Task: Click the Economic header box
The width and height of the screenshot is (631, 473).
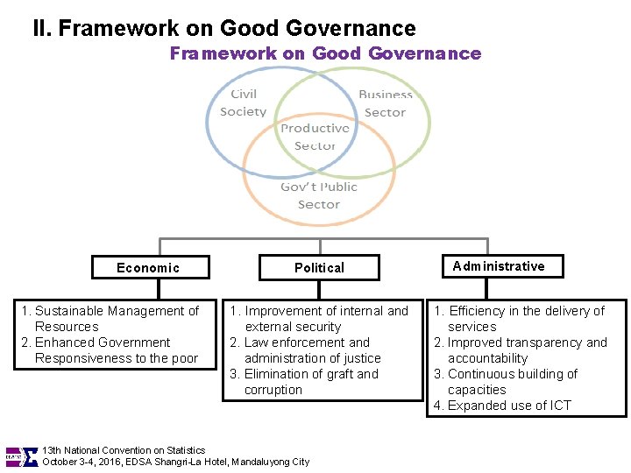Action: tap(148, 268)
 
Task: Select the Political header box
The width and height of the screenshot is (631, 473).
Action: tap(319, 268)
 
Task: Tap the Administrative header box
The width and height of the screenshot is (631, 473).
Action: tap(499, 266)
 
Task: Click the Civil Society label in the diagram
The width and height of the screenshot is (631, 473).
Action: tap(243, 103)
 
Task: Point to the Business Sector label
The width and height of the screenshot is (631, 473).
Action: tap(385, 103)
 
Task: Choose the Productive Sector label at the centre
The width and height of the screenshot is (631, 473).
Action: tap(315, 137)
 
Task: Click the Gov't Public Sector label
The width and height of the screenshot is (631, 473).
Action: tap(318, 195)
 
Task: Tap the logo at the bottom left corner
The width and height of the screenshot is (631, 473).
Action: tap(22, 456)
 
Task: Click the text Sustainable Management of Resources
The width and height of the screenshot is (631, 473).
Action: tap(110, 318)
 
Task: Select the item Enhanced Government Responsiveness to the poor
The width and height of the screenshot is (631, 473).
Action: tap(110, 349)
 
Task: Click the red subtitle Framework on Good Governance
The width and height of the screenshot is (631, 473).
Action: tap(325, 53)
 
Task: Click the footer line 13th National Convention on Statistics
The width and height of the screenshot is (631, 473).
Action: tap(124, 450)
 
